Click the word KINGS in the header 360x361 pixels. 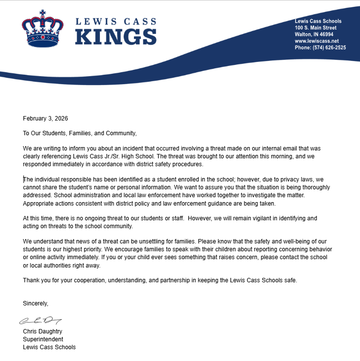click(115, 37)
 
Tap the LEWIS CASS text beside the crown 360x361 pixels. click(115, 22)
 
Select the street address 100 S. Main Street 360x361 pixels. click(315, 28)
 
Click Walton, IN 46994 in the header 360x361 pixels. click(314, 34)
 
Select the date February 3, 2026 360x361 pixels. click(45, 119)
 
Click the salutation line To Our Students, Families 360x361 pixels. click(79, 133)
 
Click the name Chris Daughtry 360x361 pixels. click(42, 331)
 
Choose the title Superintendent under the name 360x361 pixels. click(43, 339)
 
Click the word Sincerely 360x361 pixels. click(35, 303)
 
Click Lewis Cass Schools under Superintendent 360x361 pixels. click(49, 347)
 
